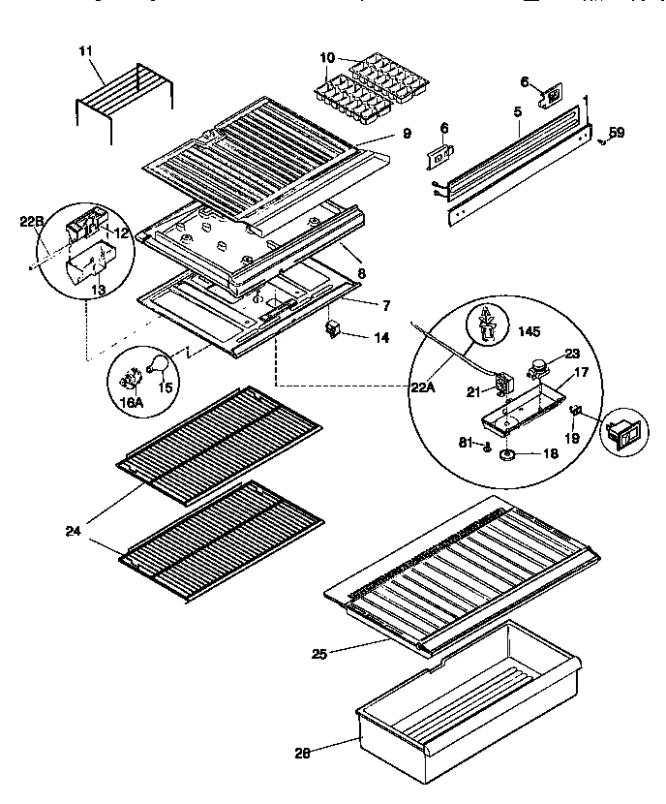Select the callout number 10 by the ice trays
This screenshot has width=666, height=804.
[327, 59]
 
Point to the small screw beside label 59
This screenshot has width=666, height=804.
[601, 141]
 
